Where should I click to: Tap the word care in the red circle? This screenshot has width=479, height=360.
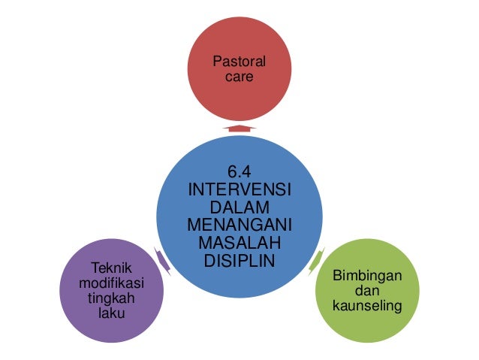[x=239, y=77]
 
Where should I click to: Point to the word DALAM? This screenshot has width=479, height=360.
[x=239, y=206]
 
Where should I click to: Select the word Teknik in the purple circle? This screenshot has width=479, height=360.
[x=111, y=268]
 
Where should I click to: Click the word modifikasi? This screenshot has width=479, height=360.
[x=111, y=283]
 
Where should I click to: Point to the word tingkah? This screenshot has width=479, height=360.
[x=111, y=298]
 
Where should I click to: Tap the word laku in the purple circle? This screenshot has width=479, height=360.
[x=111, y=313]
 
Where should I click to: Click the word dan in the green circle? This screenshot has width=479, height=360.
[x=367, y=292]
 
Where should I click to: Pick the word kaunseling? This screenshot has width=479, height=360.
[x=367, y=307]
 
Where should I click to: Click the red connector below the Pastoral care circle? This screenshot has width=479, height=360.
[x=239, y=129]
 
